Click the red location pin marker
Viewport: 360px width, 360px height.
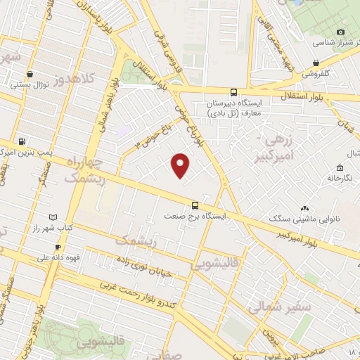pos(181,166)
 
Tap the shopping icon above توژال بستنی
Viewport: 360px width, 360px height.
pos(30,74)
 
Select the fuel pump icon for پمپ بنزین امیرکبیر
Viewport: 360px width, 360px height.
pos(22,141)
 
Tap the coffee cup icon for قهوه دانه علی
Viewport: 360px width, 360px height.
pos(58,247)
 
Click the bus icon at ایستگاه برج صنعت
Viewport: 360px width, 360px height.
pos(195,205)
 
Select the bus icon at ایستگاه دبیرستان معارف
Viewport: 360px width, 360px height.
pos(233,91)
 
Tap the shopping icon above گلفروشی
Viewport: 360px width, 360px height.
pos(315,63)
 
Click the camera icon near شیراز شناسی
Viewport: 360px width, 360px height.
pos(340,32)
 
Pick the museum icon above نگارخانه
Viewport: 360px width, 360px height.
pos(340,167)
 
